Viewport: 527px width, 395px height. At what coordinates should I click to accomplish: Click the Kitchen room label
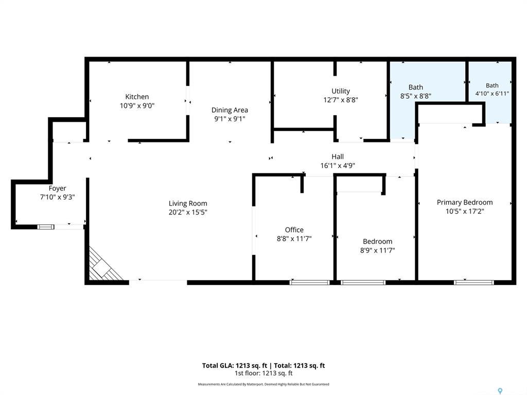click(137, 97)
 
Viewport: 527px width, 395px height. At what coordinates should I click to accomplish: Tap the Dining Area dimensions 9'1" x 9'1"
click(230, 119)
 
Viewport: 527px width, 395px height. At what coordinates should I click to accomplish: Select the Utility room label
click(341, 91)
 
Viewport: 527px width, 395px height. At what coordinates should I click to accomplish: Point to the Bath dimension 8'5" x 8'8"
click(416, 96)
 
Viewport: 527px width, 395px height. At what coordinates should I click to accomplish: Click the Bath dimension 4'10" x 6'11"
click(492, 94)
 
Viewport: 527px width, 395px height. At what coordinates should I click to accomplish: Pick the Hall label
click(338, 156)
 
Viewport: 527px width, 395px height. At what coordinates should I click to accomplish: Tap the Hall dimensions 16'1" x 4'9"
click(338, 166)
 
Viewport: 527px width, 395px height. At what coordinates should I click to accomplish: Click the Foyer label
click(57, 188)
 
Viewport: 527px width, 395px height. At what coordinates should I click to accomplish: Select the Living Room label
click(188, 203)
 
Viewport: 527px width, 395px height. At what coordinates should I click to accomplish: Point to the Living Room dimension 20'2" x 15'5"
click(188, 212)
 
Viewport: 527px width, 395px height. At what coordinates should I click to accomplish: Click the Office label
click(294, 230)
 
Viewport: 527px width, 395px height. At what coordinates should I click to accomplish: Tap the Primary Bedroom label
click(465, 203)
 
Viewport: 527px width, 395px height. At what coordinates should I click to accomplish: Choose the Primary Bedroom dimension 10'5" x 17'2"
click(465, 211)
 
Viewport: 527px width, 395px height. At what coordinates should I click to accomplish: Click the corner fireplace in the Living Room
click(102, 266)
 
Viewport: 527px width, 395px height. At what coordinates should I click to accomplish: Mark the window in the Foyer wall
click(46, 227)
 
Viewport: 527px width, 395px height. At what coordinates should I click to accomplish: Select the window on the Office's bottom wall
click(309, 282)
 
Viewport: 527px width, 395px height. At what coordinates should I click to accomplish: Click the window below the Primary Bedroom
click(474, 282)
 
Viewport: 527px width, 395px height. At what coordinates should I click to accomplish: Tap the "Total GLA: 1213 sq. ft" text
click(235, 366)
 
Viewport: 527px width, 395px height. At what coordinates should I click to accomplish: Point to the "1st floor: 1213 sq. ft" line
click(263, 373)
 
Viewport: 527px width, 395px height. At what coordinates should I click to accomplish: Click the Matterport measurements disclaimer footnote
click(263, 384)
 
